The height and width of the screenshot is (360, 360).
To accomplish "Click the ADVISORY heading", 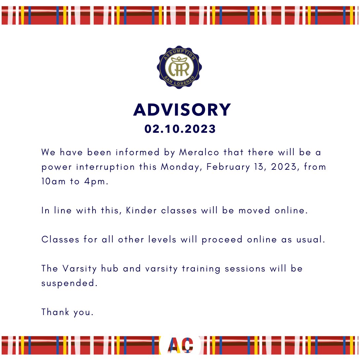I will (x=182, y=110).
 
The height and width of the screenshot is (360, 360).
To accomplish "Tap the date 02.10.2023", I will (x=180, y=129).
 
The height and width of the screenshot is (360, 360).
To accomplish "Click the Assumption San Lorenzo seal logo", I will (x=179, y=67).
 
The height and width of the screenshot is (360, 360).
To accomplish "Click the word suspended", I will (x=69, y=283).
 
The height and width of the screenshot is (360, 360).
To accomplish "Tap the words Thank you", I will (x=67, y=312).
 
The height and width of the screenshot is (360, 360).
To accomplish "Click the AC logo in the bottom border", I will (x=180, y=345).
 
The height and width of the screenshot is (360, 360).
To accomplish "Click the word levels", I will (x=162, y=239).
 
